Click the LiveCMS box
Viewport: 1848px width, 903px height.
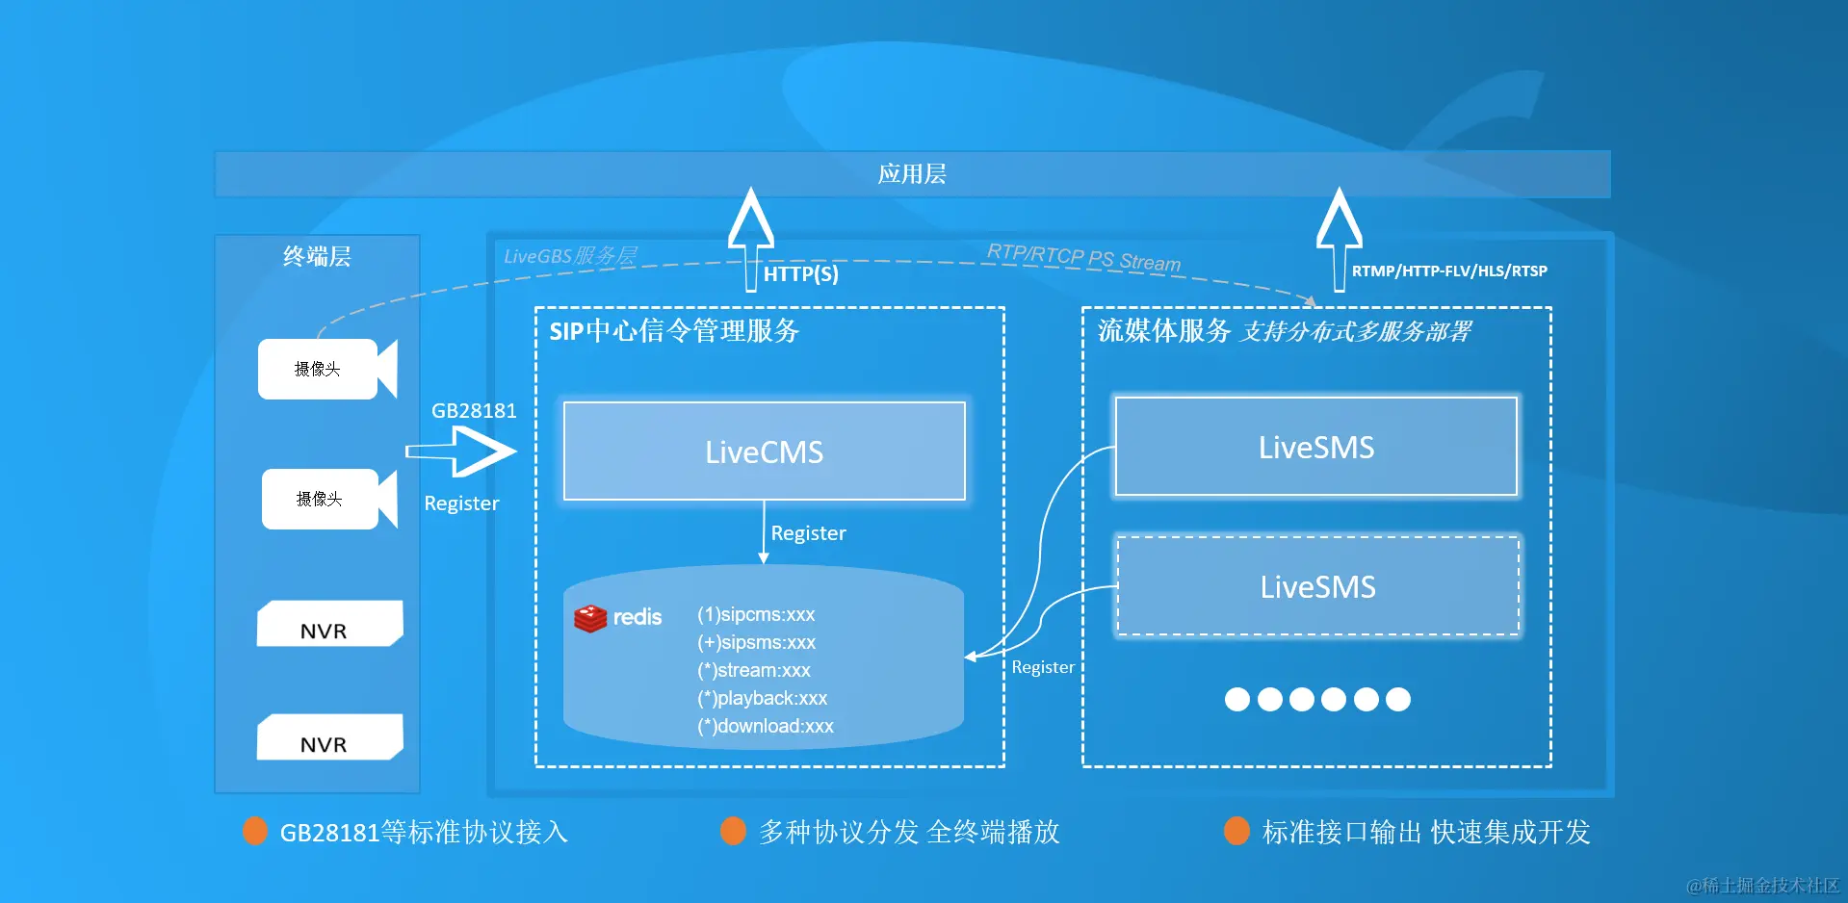(x=764, y=451)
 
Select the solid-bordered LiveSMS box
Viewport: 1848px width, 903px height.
(x=1315, y=447)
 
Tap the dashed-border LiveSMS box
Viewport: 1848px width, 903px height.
(x=1317, y=586)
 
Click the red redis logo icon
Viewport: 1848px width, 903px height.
(x=590, y=618)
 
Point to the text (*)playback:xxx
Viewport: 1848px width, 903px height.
(x=762, y=698)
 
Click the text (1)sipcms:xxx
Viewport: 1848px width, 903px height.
(x=756, y=614)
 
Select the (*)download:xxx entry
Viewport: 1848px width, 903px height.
(x=766, y=726)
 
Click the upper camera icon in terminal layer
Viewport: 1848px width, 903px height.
(x=326, y=369)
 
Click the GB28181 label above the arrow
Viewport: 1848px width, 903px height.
(x=474, y=411)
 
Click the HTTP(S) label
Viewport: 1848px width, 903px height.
(x=800, y=274)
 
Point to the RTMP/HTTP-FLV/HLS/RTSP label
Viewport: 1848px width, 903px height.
(x=1448, y=271)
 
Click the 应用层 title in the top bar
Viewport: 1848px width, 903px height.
(x=911, y=174)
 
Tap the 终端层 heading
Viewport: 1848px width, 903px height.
(x=317, y=257)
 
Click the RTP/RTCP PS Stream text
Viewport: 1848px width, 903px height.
(x=1083, y=257)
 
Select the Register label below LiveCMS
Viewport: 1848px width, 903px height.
(x=808, y=533)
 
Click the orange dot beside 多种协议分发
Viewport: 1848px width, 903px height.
(x=733, y=831)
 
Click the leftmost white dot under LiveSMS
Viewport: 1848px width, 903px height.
(x=1236, y=700)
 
